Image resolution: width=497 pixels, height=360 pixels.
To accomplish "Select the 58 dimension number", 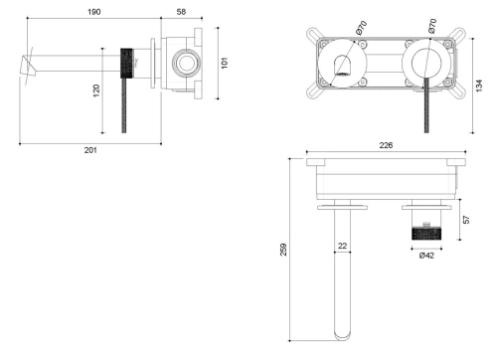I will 180,12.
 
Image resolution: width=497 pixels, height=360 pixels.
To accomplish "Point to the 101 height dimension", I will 225,63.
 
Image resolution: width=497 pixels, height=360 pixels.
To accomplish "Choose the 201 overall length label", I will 90,150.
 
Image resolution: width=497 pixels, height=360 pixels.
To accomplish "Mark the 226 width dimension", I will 387,146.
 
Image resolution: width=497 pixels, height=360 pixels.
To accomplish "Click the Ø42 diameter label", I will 425,256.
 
